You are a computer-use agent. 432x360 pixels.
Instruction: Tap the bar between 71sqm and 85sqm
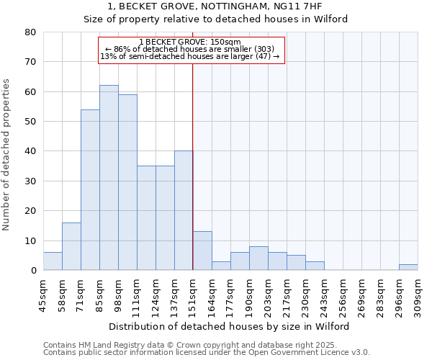point(90,190)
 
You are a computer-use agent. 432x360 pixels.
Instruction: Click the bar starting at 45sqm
point(53,261)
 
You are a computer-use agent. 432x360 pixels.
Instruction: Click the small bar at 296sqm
point(408,267)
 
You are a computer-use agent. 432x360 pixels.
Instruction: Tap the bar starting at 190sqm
point(258,258)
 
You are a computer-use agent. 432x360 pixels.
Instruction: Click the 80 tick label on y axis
point(30,32)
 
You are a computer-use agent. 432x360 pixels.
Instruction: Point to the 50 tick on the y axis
point(30,122)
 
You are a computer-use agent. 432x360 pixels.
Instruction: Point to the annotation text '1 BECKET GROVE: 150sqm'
point(190,42)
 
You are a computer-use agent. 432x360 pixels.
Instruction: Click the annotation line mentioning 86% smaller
point(191,49)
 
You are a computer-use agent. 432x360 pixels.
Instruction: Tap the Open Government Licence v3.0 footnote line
point(207,353)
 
